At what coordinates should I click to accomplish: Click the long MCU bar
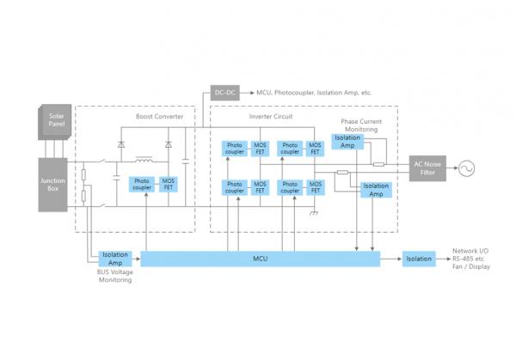coord(260,258)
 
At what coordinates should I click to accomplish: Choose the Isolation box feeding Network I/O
coord(420,258)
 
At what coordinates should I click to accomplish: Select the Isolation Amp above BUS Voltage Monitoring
coord(114,258)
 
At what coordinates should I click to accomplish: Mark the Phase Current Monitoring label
coord(361,126)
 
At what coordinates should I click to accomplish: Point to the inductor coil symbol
coord(144,160)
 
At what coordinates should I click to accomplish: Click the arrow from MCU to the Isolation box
coord(392,258)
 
